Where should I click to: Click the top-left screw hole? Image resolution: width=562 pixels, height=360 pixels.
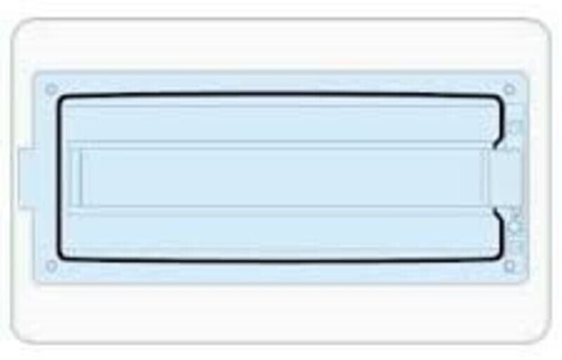51,89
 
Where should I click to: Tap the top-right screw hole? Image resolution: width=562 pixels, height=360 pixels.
509,89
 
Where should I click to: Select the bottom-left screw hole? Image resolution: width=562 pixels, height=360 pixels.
51,265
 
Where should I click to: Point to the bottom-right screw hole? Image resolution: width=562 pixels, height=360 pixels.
509,266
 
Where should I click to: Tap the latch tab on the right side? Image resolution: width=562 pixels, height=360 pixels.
507,177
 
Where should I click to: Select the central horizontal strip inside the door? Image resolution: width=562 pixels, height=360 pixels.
281,177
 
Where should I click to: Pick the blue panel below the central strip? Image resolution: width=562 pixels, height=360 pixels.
281,232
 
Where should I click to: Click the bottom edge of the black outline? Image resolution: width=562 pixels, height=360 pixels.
281,261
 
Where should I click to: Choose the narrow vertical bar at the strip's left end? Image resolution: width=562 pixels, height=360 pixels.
79,177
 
